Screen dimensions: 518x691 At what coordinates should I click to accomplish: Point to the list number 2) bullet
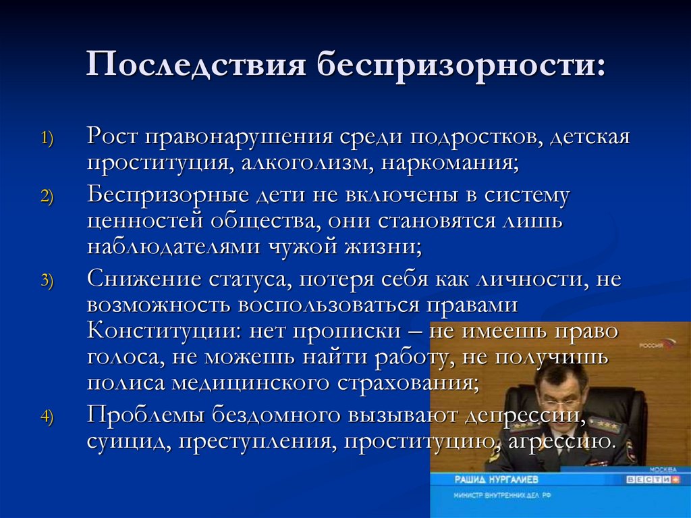pos(51,197)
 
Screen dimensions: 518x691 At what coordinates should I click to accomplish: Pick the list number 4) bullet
pos(51,417)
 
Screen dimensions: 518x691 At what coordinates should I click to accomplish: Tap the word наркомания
pos(449,163)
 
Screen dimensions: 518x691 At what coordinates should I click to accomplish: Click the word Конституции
pos(162,331)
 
